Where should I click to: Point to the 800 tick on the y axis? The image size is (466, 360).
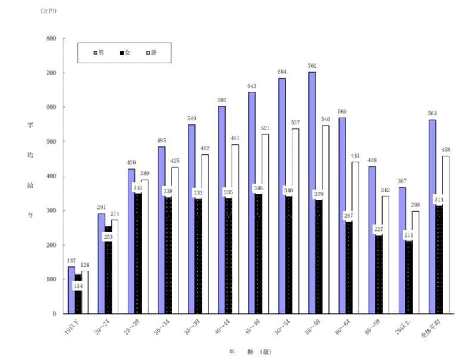click(51, 39)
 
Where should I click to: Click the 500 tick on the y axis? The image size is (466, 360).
click(51, 142)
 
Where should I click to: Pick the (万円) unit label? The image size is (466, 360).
click(48, 11)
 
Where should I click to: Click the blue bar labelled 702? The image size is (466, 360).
click(312, 193)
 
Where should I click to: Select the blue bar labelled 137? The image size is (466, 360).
click(71, 290)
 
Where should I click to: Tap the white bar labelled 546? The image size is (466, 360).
click(326, 220)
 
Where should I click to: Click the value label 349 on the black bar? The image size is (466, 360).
click(138, 188)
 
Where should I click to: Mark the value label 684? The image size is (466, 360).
click(282, 72)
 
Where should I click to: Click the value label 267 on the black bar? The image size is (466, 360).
click(349, 216)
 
